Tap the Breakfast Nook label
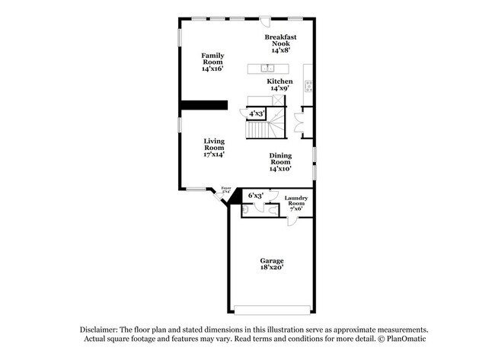tap(280, 43)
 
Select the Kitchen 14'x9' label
tap(279, 84)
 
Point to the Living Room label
tap(213, 147)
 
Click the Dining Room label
tap(279, 162)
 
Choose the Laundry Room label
tap(295, 204)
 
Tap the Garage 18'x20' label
tap(271, 264)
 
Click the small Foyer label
tap(225, 190)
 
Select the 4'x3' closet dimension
tap(257, 114)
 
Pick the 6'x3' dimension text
tap(255, 196)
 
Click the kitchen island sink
tap(269, 68)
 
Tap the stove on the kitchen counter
tap(308, 85)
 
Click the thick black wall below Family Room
tap(204, 106)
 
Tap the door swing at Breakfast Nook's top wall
tap(263, 22)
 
